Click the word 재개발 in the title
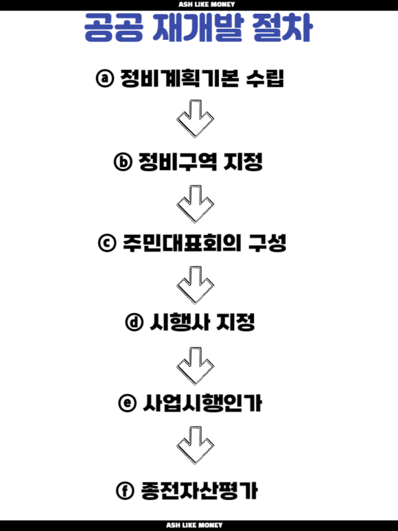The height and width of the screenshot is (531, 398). (198, 27)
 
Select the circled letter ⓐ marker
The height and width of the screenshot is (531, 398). (105, 78)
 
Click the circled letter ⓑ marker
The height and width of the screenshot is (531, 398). (123, 162)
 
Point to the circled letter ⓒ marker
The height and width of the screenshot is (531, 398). (107, 242)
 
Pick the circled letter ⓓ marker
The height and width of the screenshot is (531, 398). (134, 321)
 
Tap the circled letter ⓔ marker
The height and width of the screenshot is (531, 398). (127, 403)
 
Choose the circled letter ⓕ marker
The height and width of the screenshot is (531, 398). (125, 490)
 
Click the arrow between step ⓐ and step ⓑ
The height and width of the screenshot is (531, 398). (195, 119)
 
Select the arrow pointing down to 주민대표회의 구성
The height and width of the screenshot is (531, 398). (195, 204)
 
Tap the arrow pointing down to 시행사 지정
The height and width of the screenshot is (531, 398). (195, 285)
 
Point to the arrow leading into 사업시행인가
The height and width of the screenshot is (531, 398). (195, 365)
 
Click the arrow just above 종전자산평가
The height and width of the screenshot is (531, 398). (195, 445)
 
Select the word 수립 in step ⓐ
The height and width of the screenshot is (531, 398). (265, 78)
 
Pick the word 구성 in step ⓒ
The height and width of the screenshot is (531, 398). (267, 242)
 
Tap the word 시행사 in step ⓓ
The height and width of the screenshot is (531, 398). (179, 321)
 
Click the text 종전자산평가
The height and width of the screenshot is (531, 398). (199, 490)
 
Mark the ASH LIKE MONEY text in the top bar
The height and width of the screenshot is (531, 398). (207, 4)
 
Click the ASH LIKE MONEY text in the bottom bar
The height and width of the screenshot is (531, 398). (194, 526)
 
